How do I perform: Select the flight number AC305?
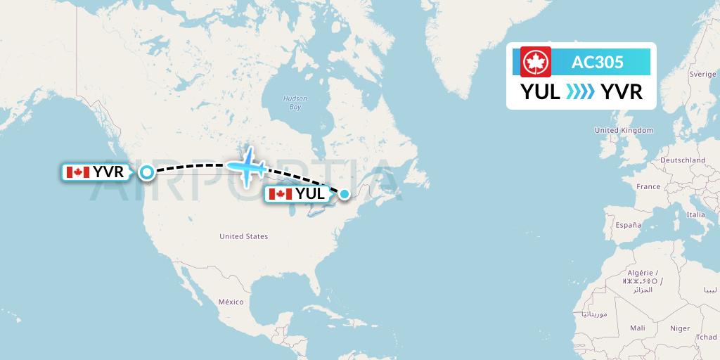click(597, 62)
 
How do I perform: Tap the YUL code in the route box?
click(540, 91)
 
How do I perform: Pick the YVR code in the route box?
click(622, 91)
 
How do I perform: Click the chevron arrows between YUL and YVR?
click(580, 92)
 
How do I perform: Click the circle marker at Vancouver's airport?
click(147, 172)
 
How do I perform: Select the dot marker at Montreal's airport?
click(345, 194)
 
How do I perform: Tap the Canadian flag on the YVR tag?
click(77, 172)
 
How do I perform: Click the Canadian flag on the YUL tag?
click(281, 194)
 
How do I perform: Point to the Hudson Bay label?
click(290, 103)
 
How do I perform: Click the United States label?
click(243, 237)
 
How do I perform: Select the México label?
click(230, 302)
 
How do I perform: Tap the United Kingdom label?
click(624, 130)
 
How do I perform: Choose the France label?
click(648, 186)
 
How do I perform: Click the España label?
click(629, 225)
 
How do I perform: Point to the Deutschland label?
click(683, 160)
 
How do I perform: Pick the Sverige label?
click(702, 74)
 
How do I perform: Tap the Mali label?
click(638, 328)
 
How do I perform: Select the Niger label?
click(680, 328)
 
